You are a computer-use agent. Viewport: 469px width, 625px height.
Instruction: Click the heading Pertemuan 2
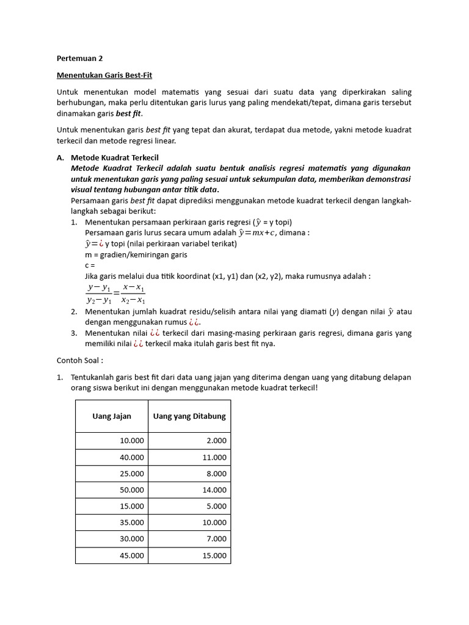click(79, 59)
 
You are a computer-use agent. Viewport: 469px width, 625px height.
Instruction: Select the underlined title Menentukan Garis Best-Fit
click(104, 75)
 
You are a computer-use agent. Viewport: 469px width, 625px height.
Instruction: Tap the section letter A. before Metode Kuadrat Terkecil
click(60, 157)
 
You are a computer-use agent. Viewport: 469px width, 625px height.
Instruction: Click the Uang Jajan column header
click(112, 416)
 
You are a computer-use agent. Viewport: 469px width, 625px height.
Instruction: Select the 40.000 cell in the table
click(132, 457)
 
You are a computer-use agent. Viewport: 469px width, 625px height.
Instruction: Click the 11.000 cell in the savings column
click(214, 457)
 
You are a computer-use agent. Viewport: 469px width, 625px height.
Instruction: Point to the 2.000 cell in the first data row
click(216, 441)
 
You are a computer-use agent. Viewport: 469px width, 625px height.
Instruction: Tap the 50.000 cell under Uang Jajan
click(132, 490)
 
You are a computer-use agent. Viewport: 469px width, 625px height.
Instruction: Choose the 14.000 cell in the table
click(214, 490)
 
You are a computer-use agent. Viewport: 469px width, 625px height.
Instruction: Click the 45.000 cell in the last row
click(132, 555)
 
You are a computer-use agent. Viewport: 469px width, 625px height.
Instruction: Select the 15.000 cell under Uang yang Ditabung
click(214, 555)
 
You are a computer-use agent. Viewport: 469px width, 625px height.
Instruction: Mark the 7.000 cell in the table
click(216, 539)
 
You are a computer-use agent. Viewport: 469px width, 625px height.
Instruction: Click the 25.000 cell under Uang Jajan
click(132, 474)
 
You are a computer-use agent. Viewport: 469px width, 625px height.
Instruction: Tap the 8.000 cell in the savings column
click(216, 474)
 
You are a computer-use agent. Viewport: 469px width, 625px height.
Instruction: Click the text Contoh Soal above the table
click(80, 360)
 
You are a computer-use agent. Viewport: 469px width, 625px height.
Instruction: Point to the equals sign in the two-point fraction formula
click(116, 294)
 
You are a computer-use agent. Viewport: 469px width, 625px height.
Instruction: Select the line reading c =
click(91, 266)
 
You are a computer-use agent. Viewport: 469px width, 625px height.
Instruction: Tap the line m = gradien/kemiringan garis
click(136, 255)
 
